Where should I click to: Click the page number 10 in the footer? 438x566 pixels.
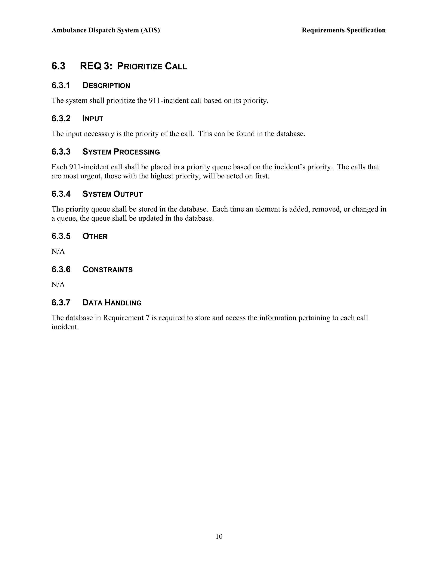click(x=219, y=536)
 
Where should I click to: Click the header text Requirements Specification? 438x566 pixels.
click(x=343, y=30)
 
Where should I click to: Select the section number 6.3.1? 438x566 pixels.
click(x=61, y=85)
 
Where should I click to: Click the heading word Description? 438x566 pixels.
click(x=106, y=85)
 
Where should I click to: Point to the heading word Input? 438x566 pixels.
click(x=93, y=119)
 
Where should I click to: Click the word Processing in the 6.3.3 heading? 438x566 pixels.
click(x=137, y=152)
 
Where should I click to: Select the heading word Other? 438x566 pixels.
click(x=95, y=236)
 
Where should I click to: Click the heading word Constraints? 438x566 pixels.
click(x=107, y=270)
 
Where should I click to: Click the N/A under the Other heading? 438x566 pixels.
click(x=58, y=251)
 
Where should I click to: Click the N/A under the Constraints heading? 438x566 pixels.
click(x=58, y=284)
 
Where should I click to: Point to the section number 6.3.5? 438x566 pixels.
click(x=61, y=236)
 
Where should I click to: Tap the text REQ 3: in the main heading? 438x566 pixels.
click(x=96, y=66)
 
